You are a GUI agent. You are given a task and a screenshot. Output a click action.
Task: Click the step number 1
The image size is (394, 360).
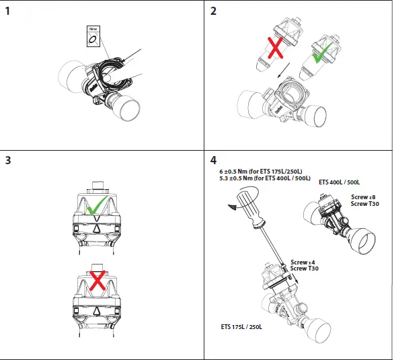[7, 11]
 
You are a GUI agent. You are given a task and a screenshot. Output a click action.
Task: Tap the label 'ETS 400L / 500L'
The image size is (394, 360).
[340, 182]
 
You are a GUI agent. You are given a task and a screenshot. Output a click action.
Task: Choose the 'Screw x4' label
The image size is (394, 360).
[304, 262]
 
